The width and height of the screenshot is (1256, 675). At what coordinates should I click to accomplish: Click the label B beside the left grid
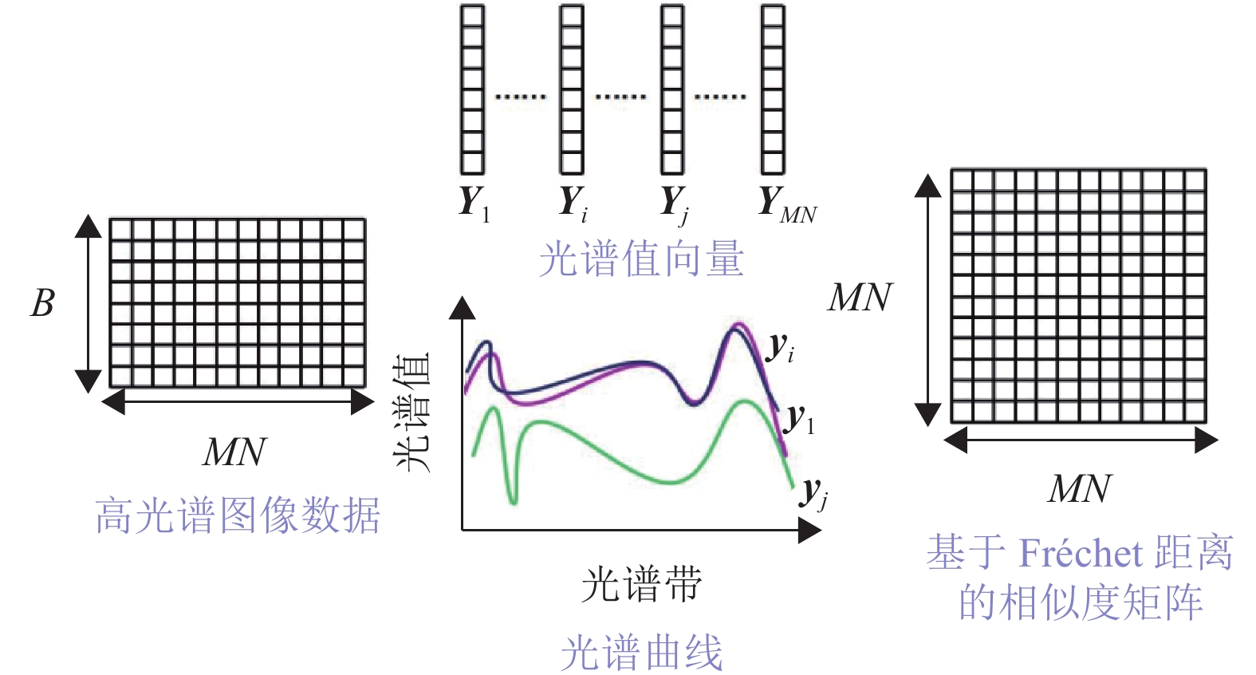click(42, 303)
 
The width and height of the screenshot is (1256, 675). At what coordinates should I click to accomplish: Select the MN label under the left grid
click(234, 452)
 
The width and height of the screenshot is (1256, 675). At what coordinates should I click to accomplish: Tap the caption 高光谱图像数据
click(237, 515)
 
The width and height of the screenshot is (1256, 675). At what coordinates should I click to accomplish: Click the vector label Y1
click(474, 203)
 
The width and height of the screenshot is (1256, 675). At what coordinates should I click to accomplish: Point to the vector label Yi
click(573, 203)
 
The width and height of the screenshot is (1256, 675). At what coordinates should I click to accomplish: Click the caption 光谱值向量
click(641, 259)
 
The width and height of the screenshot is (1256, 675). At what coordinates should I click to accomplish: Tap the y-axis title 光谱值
click(413, 412)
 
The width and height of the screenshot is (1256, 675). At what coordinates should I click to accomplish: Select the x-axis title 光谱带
click(641, 585)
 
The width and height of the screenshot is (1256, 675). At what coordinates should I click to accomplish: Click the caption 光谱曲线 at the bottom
click(641, 653)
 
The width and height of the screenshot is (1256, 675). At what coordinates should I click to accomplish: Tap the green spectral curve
click(606, 455)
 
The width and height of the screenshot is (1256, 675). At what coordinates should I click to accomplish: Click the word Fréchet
click(1081, 553)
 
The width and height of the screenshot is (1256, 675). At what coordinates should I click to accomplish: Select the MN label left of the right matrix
click(860, 298)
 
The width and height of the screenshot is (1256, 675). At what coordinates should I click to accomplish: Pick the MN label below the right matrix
click(1079, 489)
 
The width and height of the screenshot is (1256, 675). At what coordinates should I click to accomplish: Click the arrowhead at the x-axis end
click(809, 531)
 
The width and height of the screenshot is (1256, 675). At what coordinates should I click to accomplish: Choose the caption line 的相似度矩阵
click(1081, 602)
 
